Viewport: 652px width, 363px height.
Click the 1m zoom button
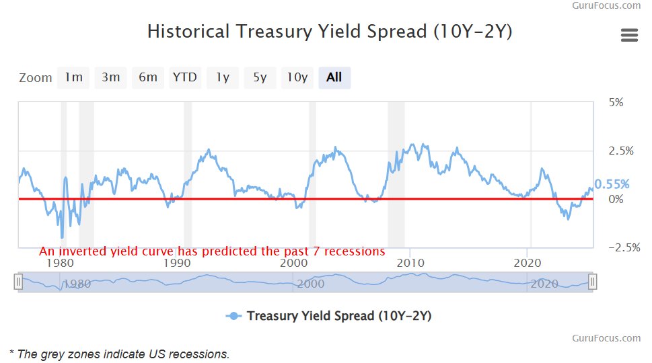coord(73,77)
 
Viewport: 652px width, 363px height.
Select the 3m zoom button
coord(110,77)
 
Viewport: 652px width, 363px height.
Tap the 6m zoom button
coord(148,77)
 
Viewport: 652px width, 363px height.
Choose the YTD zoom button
coord(184,77)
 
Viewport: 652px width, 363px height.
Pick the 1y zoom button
coord(222,77)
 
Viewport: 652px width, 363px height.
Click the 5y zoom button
coord(260,77)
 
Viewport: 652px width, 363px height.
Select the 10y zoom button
coord(297,77)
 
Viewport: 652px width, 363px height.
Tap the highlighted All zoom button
coord(334,77)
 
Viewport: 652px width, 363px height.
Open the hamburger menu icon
coord(629,36)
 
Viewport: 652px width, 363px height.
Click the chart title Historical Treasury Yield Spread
coord(330,32)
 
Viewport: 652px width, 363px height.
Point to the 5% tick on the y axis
coord(616,102)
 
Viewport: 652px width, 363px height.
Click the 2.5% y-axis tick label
coord(620,151)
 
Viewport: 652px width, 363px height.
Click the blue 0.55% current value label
coord(612,184)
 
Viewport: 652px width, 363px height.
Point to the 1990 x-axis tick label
coord(178,262)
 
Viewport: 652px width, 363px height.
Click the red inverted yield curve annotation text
coord(212,251)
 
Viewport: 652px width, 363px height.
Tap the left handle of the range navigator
coord(19,282)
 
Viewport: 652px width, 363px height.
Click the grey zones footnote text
coord(120,354)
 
